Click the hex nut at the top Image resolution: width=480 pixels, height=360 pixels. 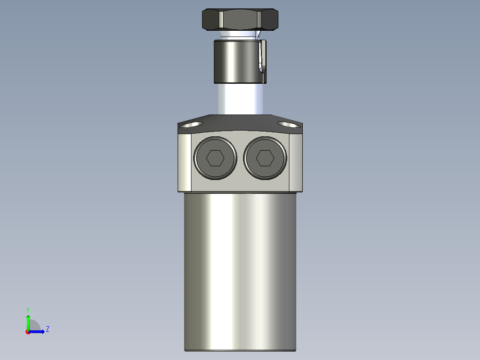tap(240, 20)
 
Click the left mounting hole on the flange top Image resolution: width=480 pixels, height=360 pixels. tap(190, 124)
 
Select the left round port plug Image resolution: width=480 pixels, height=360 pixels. tap(215, 158)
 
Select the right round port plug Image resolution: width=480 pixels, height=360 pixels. tap(265, 158)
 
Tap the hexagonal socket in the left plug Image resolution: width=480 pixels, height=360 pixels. tap(215, 158)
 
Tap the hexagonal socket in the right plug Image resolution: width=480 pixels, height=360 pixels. tap(265, 158)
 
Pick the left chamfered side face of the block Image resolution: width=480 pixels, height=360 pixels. tap(184, 163)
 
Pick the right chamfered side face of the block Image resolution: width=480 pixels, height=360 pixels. tap(296, 163)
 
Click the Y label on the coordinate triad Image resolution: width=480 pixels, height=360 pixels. tap(28, 310)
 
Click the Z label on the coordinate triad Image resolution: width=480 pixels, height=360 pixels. tap(47, 329)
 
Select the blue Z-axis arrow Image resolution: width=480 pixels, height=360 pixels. tap(38, 331)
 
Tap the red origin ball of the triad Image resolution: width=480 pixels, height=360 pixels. tap(28, 332)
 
